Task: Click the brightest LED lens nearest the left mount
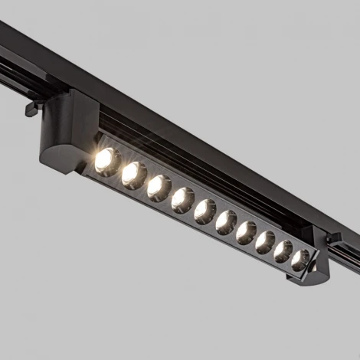[106, 161]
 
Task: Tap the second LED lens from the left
[133, 175]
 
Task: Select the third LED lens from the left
[159, 188]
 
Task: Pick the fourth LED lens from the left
[182, 200]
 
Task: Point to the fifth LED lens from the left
[205, 211]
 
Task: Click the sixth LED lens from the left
[226, 222]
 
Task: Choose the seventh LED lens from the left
[246, 232]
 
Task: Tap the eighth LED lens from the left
[265, 242]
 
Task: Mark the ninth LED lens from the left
[283, 251]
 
